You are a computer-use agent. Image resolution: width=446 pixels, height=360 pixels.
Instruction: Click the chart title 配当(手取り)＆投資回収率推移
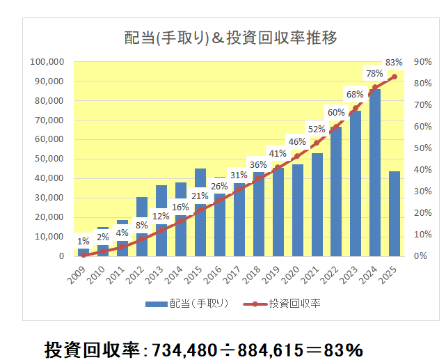tap(230, 38)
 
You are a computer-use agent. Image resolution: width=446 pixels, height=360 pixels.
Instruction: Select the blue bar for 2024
tap(374, 174)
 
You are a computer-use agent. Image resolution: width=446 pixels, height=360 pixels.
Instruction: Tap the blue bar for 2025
tap(394, 213)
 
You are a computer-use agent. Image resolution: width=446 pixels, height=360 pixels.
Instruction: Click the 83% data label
tap(394, 62)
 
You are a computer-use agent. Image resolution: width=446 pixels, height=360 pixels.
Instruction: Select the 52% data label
tap(317, 129)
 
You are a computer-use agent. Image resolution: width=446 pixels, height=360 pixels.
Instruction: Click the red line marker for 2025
tap(394, 77)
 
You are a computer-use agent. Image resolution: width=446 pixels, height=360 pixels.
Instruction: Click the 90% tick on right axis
tap(422, 62)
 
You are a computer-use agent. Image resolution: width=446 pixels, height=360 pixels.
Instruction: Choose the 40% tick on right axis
tap(422, 170)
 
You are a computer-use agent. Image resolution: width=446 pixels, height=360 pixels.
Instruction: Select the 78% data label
tap(374, 73)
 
